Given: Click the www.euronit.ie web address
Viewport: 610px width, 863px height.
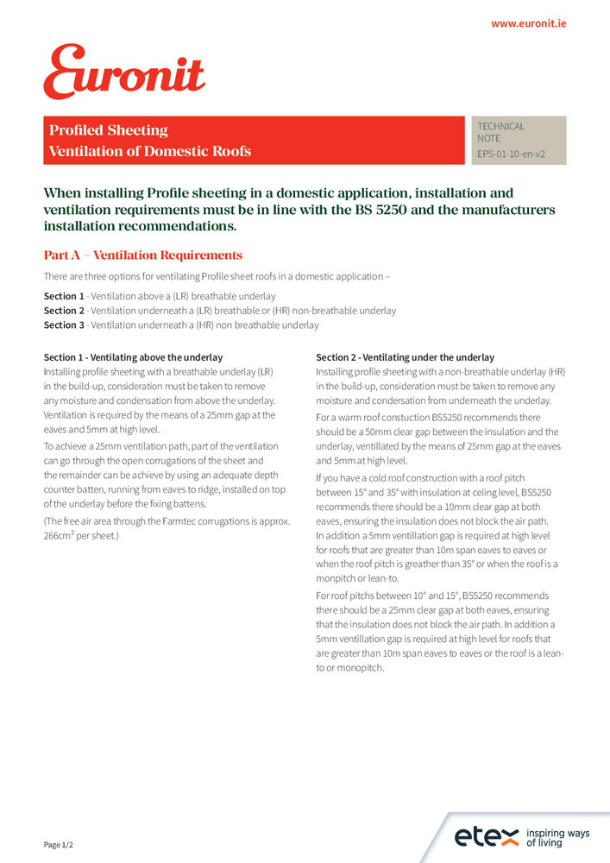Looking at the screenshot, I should point(528,24).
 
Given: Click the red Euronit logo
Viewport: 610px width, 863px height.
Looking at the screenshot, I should point(124,72).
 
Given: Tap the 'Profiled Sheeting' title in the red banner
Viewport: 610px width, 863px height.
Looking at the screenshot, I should point(109,130).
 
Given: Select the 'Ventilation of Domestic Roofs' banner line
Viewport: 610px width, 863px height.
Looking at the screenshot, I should point(150,152).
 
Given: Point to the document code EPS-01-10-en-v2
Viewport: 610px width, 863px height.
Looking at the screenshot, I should point(511,155).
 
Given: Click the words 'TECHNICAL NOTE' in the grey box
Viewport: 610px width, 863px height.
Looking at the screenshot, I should point(500,132).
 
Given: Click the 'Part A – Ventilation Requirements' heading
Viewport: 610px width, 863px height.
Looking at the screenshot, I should point(143,255).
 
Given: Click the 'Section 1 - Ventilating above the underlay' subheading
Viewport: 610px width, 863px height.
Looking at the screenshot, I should point(133,357).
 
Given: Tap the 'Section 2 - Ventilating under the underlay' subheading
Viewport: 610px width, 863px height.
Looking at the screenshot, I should point(405,357).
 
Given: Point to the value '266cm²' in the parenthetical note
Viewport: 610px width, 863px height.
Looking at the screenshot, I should point(60,536).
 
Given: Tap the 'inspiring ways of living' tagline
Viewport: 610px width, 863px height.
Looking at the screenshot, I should point(557,837).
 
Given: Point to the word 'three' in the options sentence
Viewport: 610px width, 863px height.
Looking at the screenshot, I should point(92,276).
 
